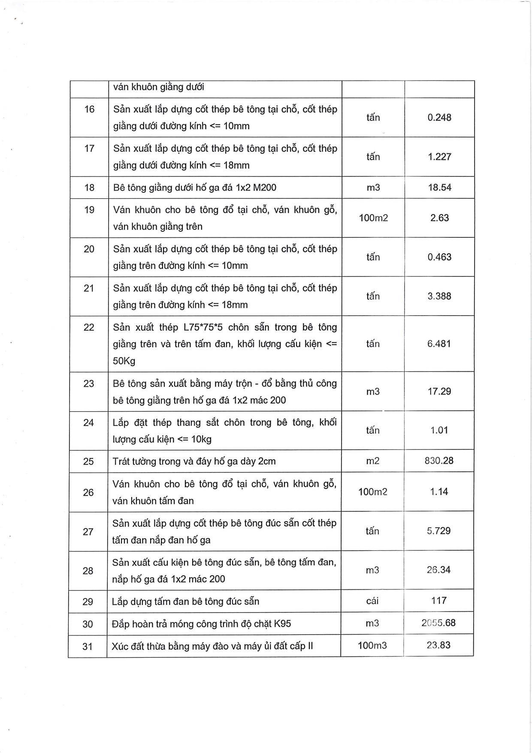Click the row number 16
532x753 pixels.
(89, 109)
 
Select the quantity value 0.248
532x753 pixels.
(439, 118)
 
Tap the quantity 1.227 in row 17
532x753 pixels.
(439, 157)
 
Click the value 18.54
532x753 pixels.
(439, 188)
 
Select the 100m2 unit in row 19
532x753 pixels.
(373, 218)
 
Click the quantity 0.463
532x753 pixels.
(439, 257)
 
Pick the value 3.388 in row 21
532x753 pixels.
(439, 296)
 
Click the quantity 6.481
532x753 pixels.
(439, 344)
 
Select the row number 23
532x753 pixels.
(89, 384)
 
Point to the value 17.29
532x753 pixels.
(439, 392)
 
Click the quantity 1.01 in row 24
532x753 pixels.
(439, 430)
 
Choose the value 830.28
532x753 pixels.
(439, 461)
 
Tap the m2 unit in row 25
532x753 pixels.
(373, 461)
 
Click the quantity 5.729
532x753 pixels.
(438, 531)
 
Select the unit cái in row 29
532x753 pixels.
(372, 601)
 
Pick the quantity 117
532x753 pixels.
(439, 601)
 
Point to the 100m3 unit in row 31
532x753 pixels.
(372, 646)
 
